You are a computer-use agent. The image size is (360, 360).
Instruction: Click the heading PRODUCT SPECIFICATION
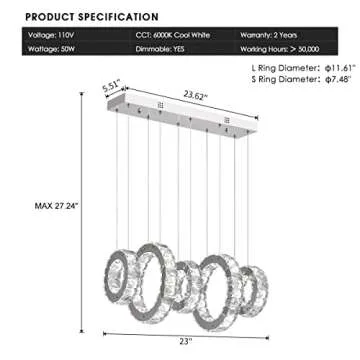[92, 17]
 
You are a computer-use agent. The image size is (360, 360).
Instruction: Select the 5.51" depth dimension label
[111, 88]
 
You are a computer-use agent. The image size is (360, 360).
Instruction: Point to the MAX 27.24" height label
[56, 206]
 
